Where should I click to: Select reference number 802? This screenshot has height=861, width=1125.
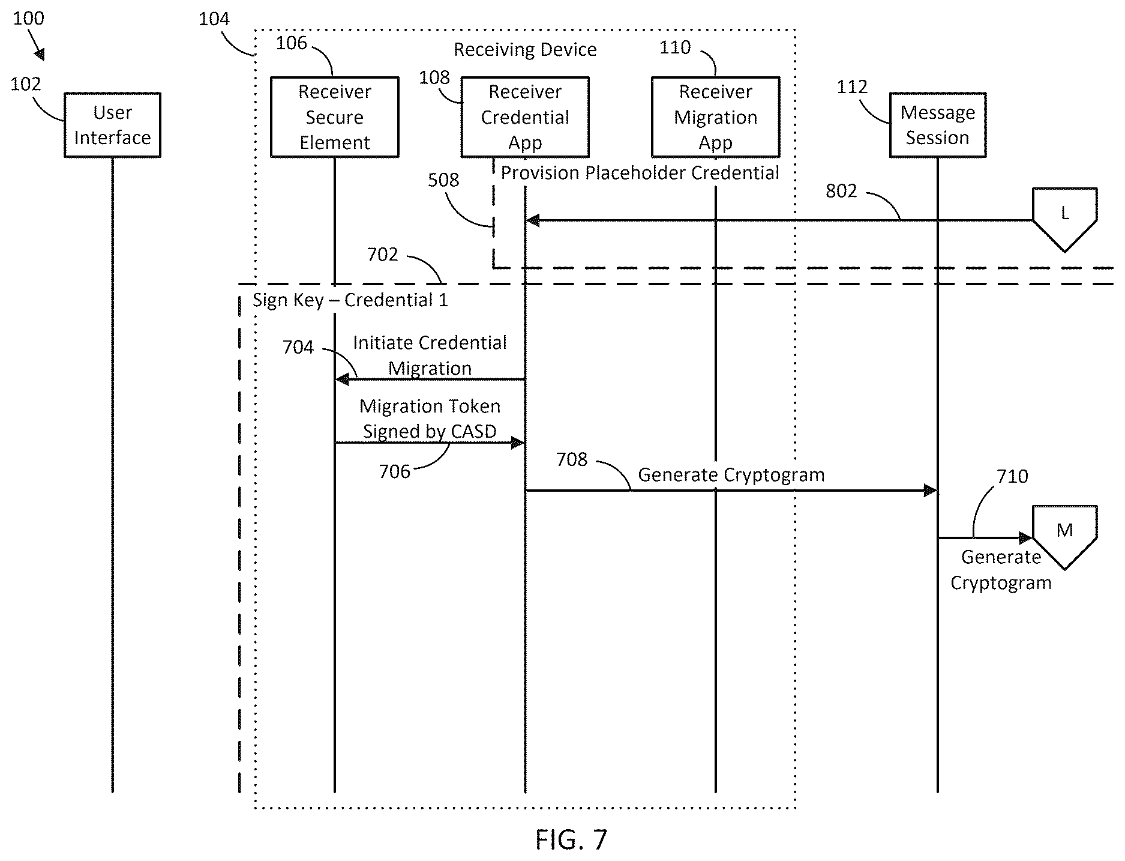click(x=841, y=191)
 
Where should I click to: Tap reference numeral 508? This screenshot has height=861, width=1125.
click(x=443, y=180)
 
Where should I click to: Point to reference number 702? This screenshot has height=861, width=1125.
click(x=383, y=255)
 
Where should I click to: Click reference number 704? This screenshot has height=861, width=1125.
click(x=298, y=347)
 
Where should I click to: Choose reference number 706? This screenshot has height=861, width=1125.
click(x=394, y=471)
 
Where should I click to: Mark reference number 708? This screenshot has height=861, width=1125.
click(x=572, y=459)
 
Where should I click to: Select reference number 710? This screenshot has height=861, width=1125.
click(x=1012, y=476)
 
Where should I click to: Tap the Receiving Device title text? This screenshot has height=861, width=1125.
click(x=525, y=49)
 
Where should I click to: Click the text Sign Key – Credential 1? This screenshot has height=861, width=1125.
click(x=350, y=300)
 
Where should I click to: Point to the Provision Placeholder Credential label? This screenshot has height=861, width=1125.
click(x=640, y=173)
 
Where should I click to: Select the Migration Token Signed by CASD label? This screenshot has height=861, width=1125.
click(x=430, y=418)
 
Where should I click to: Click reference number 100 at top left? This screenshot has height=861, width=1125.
click(x=28, y=19)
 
